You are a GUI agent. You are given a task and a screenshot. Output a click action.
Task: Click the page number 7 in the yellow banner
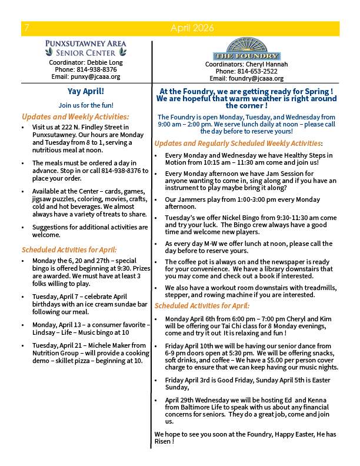[x=27, y=28]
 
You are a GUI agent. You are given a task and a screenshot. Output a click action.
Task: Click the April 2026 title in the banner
[x=194, y=28]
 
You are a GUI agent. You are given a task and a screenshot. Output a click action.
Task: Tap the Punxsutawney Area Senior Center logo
[x=86, y=48]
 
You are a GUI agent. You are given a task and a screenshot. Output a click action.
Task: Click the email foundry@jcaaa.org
[x=259, y=78]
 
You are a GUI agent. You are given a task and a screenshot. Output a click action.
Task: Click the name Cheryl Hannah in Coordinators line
[x=267, y=64]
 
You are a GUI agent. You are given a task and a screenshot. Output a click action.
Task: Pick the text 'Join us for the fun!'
[x=86, y=105]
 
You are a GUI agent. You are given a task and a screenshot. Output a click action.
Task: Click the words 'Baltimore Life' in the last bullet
[x=201, y=407]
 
